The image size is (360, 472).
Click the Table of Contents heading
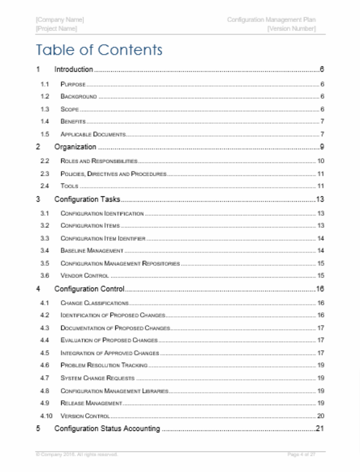click(99, 50)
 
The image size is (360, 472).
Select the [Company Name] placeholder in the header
click(60, 20)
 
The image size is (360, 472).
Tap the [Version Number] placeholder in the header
click(291, 29)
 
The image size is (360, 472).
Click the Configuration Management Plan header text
click(271, 20)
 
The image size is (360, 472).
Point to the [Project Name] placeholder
click(56, 29)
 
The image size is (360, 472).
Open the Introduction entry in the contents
click(74, 70)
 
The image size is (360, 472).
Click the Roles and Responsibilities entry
click(99, 161)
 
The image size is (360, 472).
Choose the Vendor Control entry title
click(85, 276)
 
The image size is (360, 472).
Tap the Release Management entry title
click(92, 403)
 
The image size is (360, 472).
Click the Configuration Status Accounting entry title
click(107, 429)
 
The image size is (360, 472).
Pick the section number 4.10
click(46, 416)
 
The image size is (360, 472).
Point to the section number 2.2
click(45, 161)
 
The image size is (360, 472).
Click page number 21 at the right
click(320, 429)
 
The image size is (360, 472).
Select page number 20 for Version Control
click(321, 416)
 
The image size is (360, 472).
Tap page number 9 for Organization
click(322, 147)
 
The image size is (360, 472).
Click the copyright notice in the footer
click(76, 454)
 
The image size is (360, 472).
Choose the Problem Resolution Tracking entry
click(104, 365)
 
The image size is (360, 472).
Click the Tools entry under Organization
click(69, 186)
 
